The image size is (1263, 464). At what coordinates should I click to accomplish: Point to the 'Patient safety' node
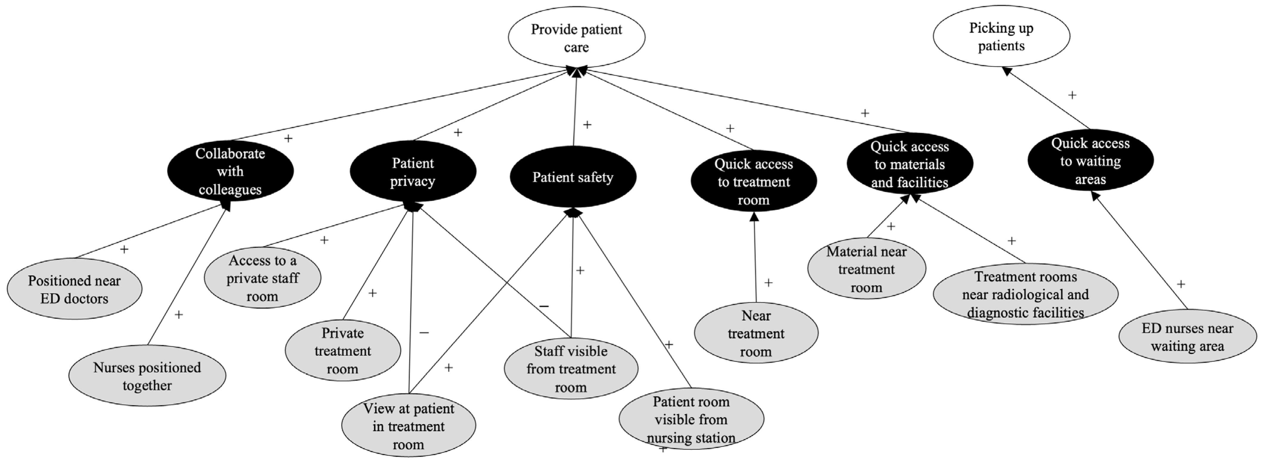[573, 177]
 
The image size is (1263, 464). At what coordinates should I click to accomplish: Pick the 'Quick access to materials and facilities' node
[909, 164]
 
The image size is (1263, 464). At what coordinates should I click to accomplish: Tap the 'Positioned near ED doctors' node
[74, 289]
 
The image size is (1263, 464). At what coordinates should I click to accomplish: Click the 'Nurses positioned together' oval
[147, 376]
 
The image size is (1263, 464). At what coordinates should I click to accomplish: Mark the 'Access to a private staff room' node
[262, 278]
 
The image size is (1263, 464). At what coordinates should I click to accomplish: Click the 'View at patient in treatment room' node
[408, 426]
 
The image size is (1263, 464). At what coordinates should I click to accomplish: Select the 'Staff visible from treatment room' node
[571, 368]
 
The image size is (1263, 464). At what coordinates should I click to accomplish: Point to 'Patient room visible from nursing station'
[691, 419]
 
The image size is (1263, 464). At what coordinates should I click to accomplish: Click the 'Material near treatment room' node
[866, 269]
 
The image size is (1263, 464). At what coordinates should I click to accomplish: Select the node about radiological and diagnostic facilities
[1025, 294]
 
